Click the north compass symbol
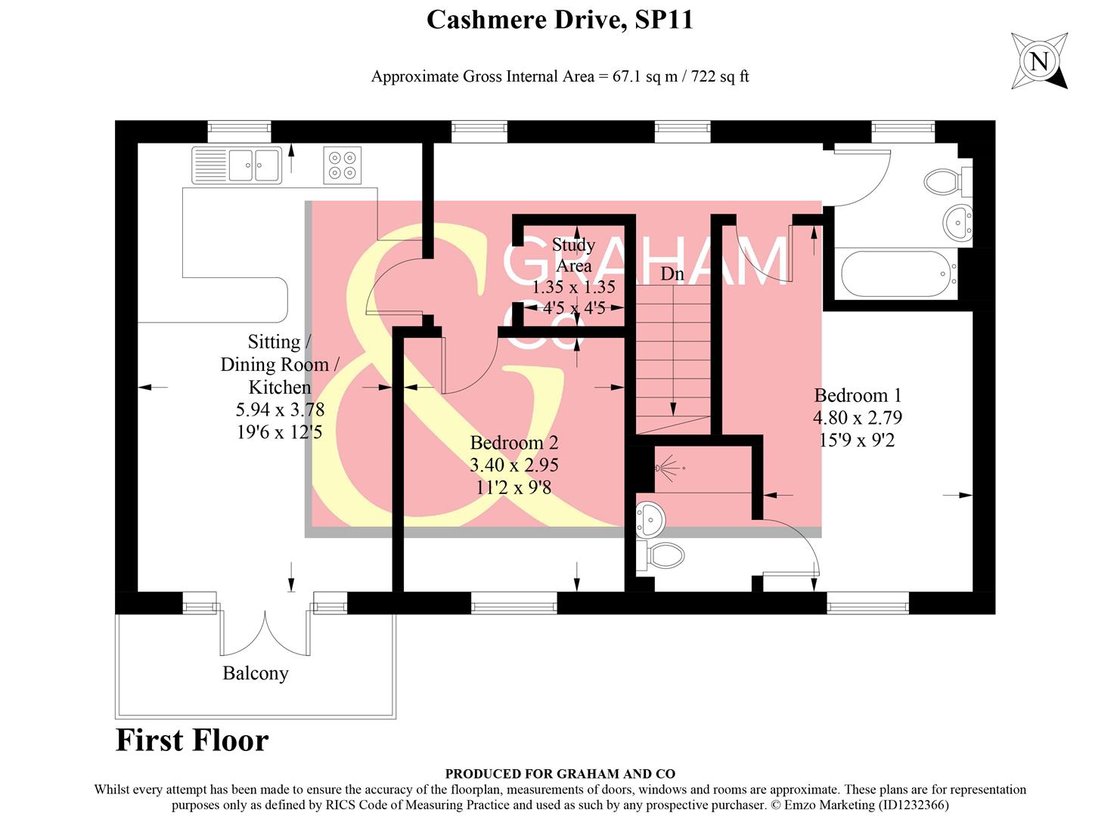(x=1040, y=61)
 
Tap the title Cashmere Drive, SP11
(x=560, y=20)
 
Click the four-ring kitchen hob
(x=342, y=165)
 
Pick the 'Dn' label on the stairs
(x=672, y=274)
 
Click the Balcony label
(x=256, y=673)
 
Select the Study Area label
(x=574, y=255)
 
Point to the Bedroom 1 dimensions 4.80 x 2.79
(x=858, y=418)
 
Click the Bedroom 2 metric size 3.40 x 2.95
(x=514, y=465)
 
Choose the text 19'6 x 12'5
(x=280, y=432)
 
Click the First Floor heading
(x=192, y=740)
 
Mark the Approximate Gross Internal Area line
(x=560, y=76)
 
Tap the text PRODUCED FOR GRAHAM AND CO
(x=560, y=774)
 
